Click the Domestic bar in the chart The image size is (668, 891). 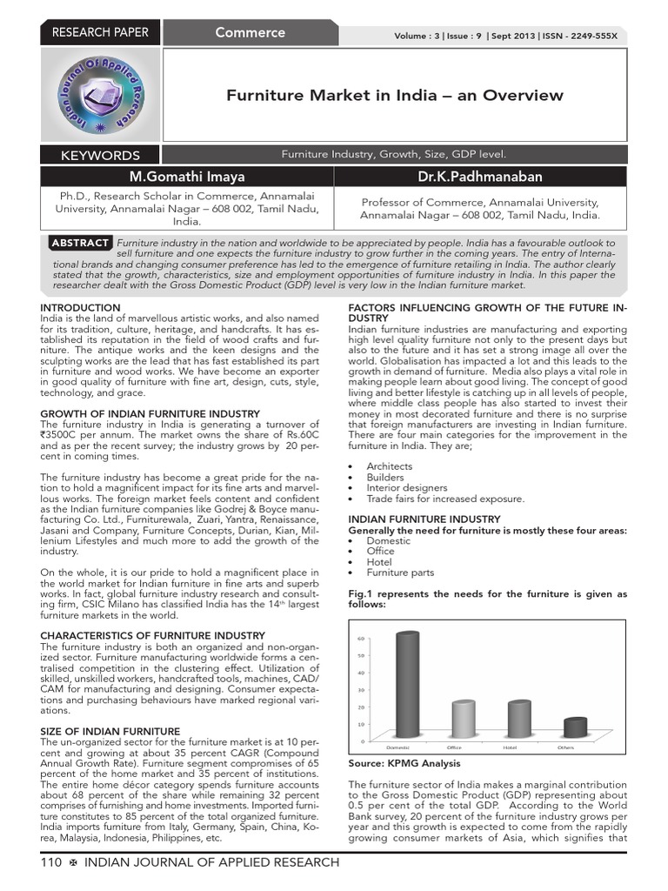tap(406, 684)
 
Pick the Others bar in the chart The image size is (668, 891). tap(575, 727)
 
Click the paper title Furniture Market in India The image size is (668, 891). tap(395, 96)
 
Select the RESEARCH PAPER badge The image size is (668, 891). tap(100, 33)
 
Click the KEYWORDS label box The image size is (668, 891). tap(100, 156)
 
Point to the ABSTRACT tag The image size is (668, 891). tap(80, 243)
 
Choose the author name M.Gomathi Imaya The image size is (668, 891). tap(187, 177)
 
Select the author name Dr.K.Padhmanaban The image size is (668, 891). tap(480, 177)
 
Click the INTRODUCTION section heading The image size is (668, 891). tap(80, 308)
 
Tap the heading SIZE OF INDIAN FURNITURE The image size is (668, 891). tap(110, 731)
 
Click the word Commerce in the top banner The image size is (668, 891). tap(250, 33)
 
